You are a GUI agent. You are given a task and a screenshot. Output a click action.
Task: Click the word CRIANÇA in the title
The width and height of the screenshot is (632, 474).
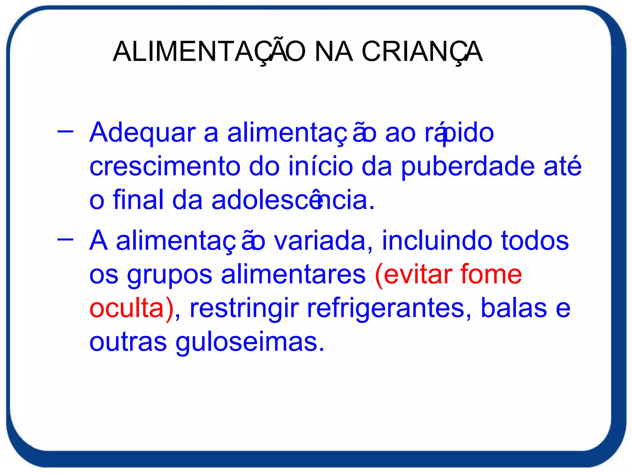422,52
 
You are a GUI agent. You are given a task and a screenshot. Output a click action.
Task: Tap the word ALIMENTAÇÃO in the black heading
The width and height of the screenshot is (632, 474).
209,52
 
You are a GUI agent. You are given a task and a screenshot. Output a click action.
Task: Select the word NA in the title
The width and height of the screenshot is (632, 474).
333,52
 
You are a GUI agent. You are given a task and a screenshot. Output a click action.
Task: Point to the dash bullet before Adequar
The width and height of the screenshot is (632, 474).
65,131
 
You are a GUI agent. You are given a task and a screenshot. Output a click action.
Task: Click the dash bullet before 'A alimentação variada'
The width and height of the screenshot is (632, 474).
65,239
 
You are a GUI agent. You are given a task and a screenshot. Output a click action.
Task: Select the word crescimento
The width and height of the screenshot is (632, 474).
164,167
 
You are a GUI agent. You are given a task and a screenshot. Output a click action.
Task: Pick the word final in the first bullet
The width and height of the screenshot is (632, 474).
138,200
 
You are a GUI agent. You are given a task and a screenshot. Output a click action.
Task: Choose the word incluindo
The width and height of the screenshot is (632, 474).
437,240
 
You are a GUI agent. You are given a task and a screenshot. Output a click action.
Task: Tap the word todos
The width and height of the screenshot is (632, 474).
535,240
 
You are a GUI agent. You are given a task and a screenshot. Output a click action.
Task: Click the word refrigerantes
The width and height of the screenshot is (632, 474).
389,309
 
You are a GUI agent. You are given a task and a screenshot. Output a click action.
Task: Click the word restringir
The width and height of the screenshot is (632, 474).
244,309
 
